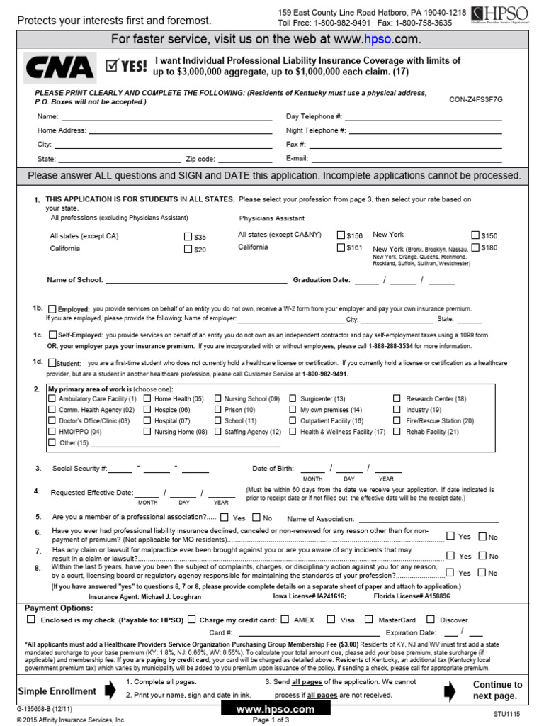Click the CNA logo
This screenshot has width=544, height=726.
[x=60, y=67]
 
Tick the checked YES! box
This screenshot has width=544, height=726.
[x=110, y=67]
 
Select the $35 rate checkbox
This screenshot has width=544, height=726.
[x=188, y=237]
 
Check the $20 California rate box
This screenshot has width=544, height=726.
[x=188, y=249]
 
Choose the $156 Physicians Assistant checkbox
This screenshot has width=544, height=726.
[x=341, y=235]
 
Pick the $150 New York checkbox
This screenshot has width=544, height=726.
[x=475, y=235]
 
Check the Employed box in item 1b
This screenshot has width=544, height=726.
[x=52, y=309]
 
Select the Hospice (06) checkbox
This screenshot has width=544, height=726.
[x=148, y=410]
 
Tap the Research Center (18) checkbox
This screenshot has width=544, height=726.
[x=397, y=399]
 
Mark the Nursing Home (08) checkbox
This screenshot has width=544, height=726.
[x=148, y=431]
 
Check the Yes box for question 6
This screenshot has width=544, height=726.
[x=450, y=536]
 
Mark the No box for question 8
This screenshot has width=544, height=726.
[x=482, y=572]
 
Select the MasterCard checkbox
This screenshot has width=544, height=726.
[x=369, y=619]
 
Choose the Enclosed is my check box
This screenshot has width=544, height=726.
[x=30, y=619]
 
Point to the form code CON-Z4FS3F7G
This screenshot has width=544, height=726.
[x=475, y=101]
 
